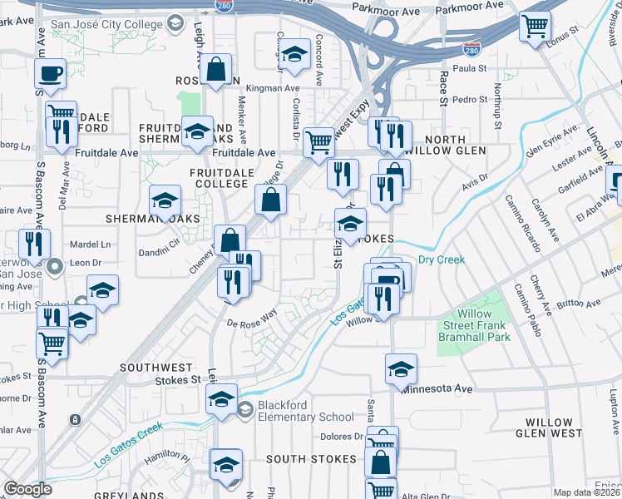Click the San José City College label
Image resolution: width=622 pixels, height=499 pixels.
pos(107,24)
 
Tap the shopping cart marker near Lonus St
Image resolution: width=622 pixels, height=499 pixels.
pos(535,26)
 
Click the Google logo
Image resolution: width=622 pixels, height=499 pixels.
pos(27,489)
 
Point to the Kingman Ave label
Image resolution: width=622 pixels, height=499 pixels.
pos(275,87)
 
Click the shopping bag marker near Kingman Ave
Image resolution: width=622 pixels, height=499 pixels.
pos(216,72)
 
